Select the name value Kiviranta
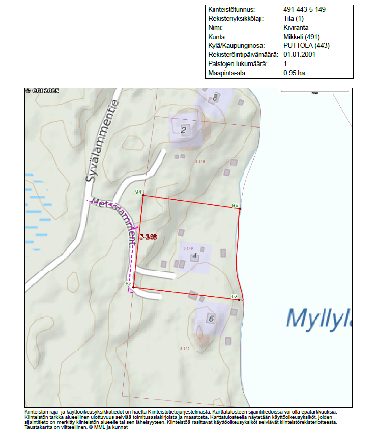[x=296, y=28]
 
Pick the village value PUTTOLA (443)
[x=306, y=46]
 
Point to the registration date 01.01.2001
[x=300, y=55]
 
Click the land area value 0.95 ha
[x=295, y=73]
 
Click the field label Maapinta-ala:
[x=227, y=73]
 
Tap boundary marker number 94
[x=138, y=192]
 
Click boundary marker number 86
[x=235, y=205]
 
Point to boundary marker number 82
[x=128, y=284]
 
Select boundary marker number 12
[x=234, y=296]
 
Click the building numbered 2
[x=184, y=129]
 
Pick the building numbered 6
[x=210, y=319]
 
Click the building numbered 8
[x=216, y=97]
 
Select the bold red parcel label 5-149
[x=148, y=237]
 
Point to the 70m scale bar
[x=314, y=92]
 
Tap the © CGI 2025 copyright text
[x=42, y=91]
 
